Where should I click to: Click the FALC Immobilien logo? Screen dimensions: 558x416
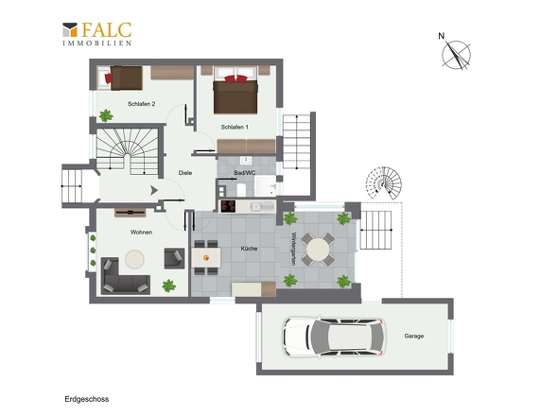pyautogui.click(x=97, y=34)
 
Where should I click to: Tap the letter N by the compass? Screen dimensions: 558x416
pyautogui.click(x=442, y=36)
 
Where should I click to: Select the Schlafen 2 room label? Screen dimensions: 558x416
pyautogui.click(x=141, y=104)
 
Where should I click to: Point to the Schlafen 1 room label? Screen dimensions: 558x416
pyautogui.click(x=235, y=127)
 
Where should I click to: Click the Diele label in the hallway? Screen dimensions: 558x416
pyautogui.click(x=185, y=173)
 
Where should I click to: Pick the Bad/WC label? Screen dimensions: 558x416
pyautogui.click(x=245, y=173)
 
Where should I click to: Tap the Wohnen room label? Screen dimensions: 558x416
pyautogui.click(x=141, y=233)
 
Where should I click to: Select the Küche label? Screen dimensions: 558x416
pyautogui.click(x=249, y=249)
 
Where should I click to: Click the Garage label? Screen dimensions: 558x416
pyautogui.click(x=414, y=336)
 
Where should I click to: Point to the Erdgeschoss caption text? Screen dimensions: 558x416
pyautogui.click(x=87, y=399)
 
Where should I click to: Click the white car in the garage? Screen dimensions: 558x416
pyautogui.click(x=334, y=337)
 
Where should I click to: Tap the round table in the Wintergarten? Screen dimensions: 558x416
pyautogui.click(x=318, y=249)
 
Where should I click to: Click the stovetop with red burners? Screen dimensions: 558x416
pyautogui.click(x=228, y=206)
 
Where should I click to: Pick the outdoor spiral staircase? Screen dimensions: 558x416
pyautogui.click(x=384, y=183)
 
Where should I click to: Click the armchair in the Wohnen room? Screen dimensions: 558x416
pyautogui.click(x=174, y=258)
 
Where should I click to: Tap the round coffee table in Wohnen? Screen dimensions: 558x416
pyautogui.click(x=134, y=259)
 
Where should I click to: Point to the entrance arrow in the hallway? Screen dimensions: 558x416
pyautogui.click(x=154, y=190)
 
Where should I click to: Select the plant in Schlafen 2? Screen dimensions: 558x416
pyautogui.click(x=106, y=115)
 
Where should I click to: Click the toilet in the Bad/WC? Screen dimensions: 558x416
pyautogui.click(x=241, y=190)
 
